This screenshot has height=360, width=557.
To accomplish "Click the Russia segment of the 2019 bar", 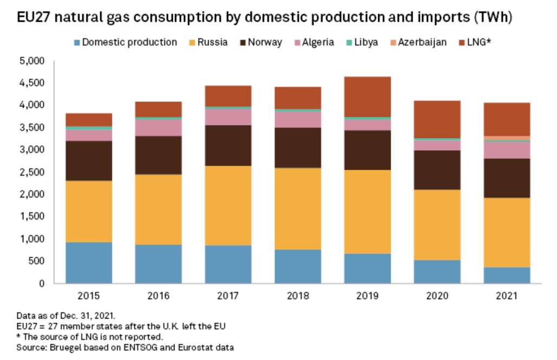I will coord(367,211).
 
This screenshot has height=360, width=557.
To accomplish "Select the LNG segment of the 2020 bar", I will coord(437,119).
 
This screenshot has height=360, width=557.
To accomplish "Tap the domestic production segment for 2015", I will coord(89,262).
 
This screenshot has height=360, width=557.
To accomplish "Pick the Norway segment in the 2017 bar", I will coord(228,145).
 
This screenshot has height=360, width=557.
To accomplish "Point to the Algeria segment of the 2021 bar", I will coord(507,150).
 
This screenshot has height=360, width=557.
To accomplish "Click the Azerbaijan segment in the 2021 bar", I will coord(507,138).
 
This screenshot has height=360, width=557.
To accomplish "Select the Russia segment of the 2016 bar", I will coord(158,209).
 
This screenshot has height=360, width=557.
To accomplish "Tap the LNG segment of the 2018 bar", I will coord(298,98).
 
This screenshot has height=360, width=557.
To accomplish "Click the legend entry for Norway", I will coord(264,42).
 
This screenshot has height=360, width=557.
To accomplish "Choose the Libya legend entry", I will coord(366,42).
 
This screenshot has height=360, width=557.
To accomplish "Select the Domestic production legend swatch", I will coord(76,42).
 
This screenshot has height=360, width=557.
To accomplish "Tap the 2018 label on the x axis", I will coord(298,296).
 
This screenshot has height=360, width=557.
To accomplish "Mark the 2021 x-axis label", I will coord(507,296).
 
